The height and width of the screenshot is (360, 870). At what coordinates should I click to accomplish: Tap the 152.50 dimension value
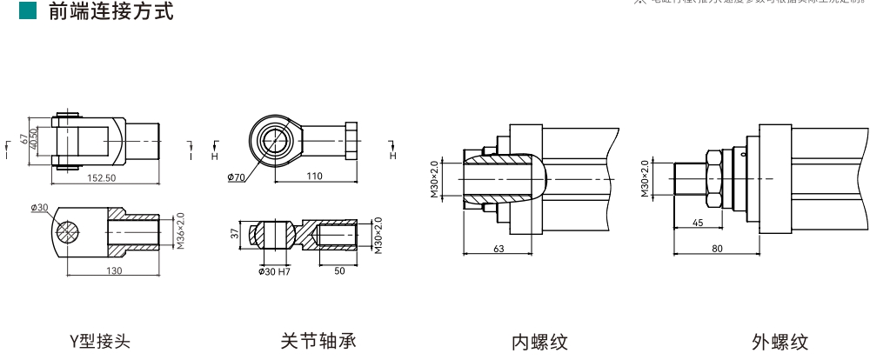coord(102,178)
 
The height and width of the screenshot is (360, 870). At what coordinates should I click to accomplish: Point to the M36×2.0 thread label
coord(180,231)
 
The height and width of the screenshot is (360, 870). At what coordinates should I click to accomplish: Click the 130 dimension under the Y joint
coord(114,271)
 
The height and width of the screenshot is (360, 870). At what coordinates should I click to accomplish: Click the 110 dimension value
coord(314,177)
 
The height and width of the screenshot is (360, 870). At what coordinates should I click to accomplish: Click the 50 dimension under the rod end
coord(338,271)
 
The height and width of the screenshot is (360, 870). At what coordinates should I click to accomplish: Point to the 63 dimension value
coord(499,250)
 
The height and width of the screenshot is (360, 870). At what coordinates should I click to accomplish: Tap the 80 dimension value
coord(717,250)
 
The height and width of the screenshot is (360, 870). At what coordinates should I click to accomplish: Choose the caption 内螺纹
coord(539,342)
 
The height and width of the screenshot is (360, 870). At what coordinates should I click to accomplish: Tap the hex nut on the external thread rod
coord(713,177)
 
